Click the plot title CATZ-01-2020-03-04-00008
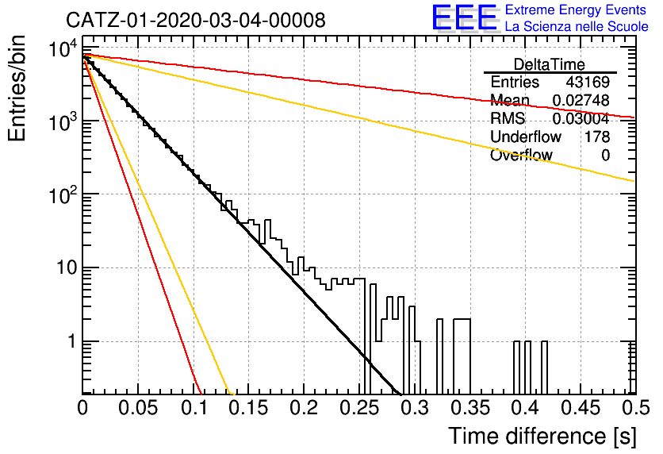[x=196, y=20]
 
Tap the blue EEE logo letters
[x=465, y=17]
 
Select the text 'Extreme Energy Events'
[x=576, y=10]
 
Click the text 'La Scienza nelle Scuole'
[x=577, y=26]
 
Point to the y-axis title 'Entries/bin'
[x=17, y=88]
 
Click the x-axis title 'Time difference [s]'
[x=542, y=436]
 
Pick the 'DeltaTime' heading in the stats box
[x=550, y=64]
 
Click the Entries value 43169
[x=588, y=82]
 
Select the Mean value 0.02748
[x=581, y=100]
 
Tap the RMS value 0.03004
[x=581, y=118]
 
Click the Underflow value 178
[x=597, y=137]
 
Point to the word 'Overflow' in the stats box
[x=521, y=155]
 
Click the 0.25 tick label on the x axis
[x=359, y=408]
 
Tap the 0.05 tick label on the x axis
[x=138, y=408]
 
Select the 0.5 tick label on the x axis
[x=636, y=408]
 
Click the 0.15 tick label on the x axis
[x=249, y=408]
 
